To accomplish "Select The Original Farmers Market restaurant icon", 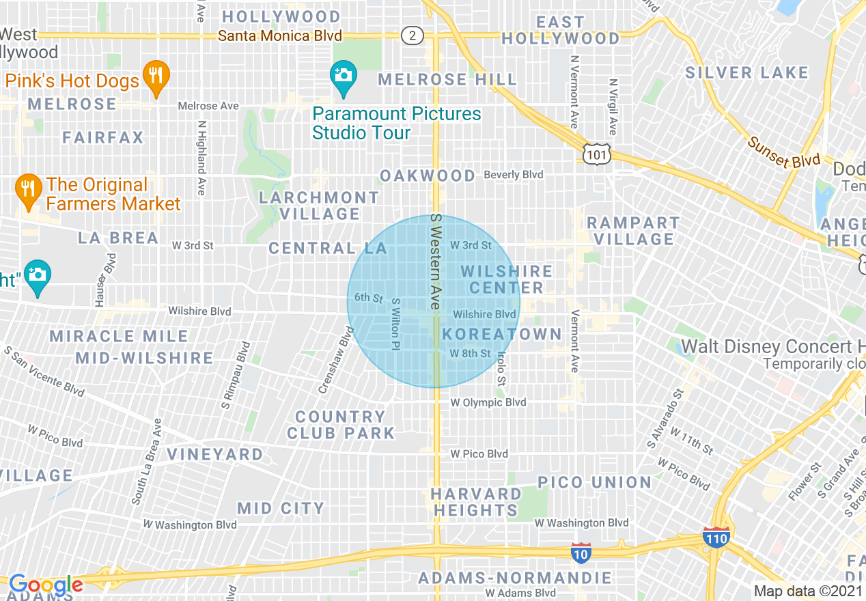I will click(28, 192).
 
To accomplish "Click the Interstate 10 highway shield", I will click(581, 553).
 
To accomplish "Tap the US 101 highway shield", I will click(596, 155).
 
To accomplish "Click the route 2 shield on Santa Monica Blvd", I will click(412, 35).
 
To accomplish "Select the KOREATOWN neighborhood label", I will click(502, 335).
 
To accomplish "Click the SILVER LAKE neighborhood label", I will click(746, 72).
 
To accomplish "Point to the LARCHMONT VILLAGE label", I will click(320, 206).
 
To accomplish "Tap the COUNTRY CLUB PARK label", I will click(341, 425).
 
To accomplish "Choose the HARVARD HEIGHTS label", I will click(476, 502).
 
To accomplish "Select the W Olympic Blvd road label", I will click(488, 402).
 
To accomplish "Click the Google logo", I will click(45, 585).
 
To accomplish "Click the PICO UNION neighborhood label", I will click(594, 482).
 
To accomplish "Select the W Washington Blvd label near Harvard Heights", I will click(581, 523).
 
